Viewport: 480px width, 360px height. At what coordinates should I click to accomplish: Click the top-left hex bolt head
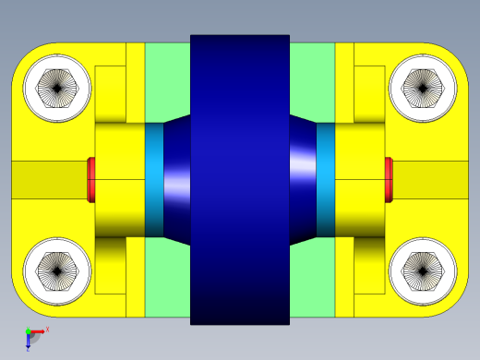click(x=56, y=89)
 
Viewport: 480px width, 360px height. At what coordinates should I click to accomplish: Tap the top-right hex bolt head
click(x=423, y=89)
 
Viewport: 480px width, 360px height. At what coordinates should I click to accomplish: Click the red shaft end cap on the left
click(x=91, y=180)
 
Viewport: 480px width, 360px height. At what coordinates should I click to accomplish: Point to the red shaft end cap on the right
click(x=389, y=180)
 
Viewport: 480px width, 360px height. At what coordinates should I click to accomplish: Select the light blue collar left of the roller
click(x=154, y=180)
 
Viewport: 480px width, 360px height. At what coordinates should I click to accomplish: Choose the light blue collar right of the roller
click(x=326, y=180)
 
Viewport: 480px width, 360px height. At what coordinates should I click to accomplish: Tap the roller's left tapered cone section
click(x=177, y=180)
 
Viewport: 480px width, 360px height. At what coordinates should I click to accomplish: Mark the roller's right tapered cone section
click(x=303, y=180)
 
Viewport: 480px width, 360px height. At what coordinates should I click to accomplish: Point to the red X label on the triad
click(x=47, y=329)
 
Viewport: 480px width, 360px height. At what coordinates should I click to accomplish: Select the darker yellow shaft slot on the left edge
click(x=46, y=180)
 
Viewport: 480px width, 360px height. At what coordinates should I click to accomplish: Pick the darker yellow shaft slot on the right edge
click(x=434, y=180)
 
